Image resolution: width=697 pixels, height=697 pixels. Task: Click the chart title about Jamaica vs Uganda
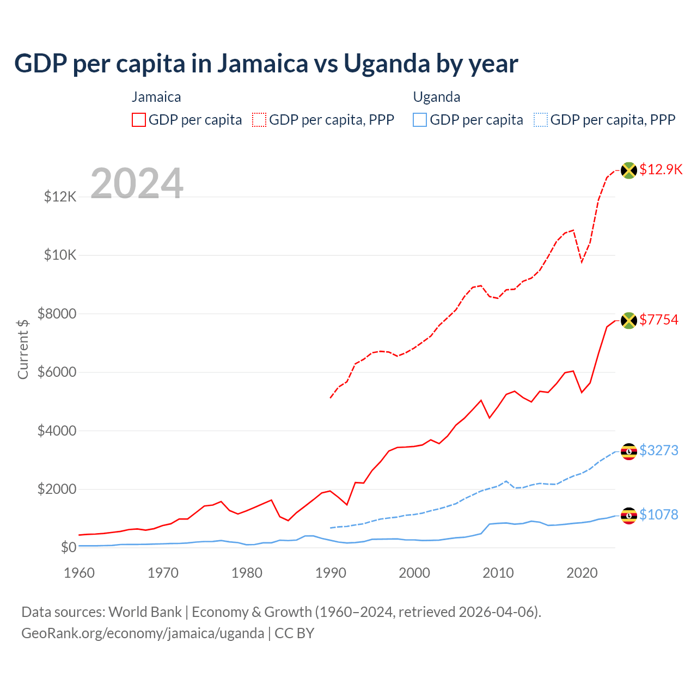(266, 64)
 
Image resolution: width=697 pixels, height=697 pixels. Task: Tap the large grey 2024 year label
(137, 184)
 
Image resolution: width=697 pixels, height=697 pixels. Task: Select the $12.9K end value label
(661, 169)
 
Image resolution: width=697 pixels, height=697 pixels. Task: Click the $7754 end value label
(659, 320)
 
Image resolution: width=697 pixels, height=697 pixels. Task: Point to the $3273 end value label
(659, 450)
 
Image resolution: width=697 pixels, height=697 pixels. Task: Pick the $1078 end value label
(659, 515)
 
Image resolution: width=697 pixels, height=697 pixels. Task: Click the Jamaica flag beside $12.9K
(629, 170)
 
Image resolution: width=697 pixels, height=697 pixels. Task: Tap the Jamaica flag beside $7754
(629, 320)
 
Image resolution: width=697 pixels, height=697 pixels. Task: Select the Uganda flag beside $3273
(629, 451)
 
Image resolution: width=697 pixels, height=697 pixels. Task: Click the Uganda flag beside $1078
(629, 515)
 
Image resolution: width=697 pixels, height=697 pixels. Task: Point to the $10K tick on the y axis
(60, 255)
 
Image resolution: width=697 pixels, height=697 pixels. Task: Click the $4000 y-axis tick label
(57, 431)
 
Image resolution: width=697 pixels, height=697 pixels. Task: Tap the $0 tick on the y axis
(68, 547)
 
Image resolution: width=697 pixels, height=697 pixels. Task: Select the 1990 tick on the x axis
(331, 573)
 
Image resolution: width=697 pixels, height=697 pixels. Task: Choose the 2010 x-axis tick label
(498, 573)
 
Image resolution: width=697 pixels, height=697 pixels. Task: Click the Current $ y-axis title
(23, 349)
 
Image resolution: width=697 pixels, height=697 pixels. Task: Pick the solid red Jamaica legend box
(139, 120)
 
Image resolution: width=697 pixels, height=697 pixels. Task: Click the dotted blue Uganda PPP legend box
(541, 120)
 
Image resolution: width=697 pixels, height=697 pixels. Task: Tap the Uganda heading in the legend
(437, 97)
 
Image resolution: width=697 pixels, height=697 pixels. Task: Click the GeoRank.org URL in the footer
(143, 633)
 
